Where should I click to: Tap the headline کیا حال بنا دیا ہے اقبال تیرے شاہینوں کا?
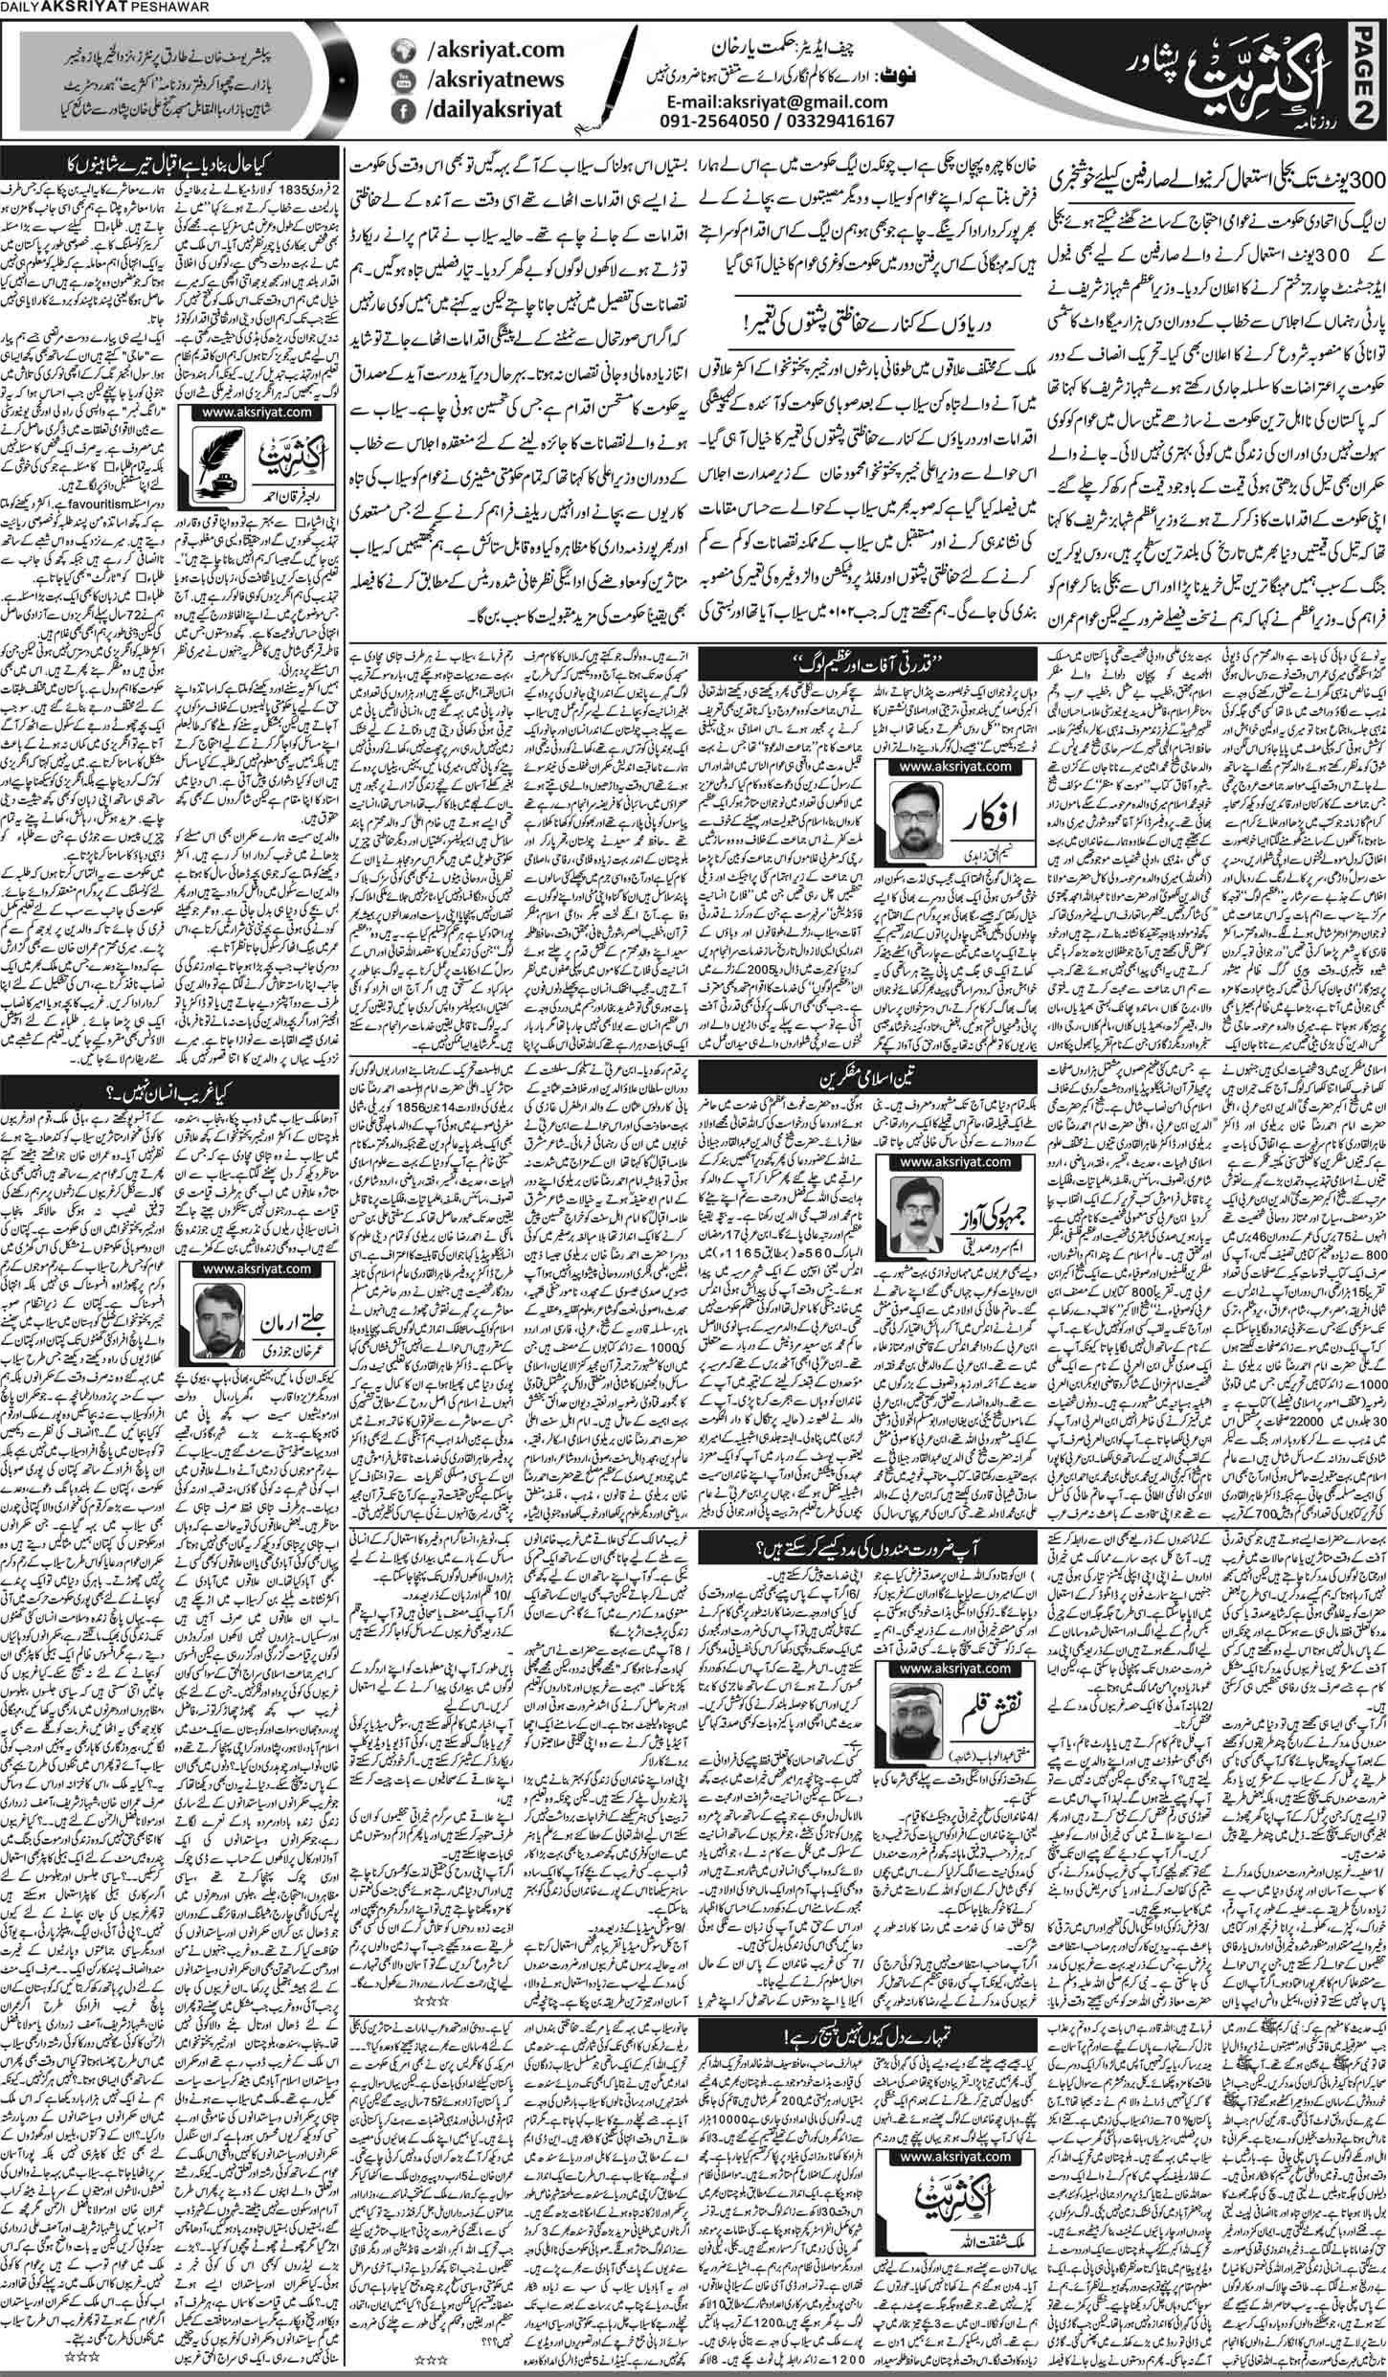pos(171,159)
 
